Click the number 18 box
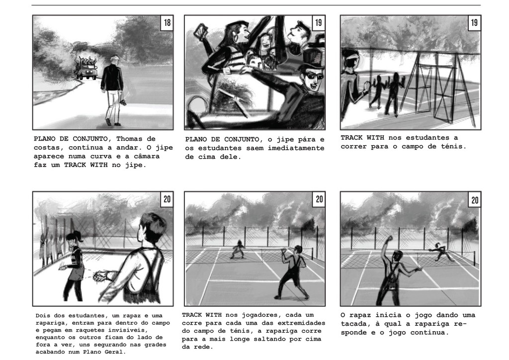point(167,22)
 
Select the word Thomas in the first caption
point(131,139)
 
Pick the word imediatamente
point(296,148)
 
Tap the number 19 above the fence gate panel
point(474,22)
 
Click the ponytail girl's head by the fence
point(72,237)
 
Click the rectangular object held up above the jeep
point(200,32)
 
